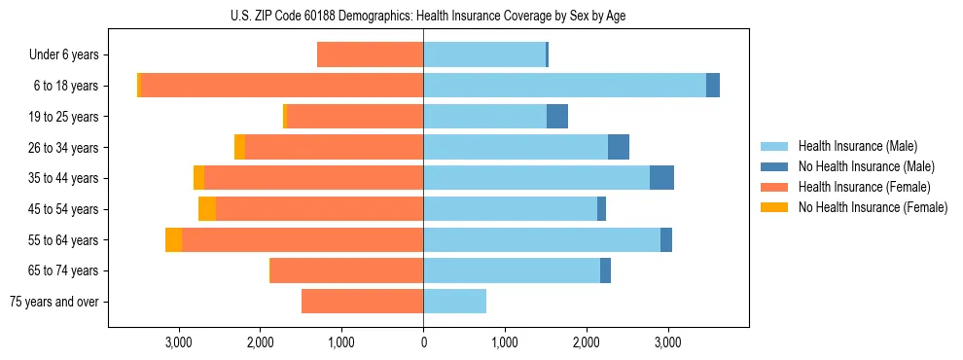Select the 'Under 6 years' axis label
tap(63, 55)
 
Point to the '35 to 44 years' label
tap(65, 178)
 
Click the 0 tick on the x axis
tap(423, 342)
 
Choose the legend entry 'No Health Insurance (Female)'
tap(873, 207)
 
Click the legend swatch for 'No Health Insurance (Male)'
tap(774, 166)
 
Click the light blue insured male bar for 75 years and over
tap(454, 302)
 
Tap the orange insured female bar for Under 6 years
tap(370, 55)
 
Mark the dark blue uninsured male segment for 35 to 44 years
tap(661, 178)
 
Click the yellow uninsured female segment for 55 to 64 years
tap(173, 240)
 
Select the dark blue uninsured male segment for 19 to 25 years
tap(556, 117)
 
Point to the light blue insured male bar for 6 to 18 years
tap(564, 86)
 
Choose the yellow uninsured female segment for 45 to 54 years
tap(207, 209)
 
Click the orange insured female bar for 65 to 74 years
tap(346, 270)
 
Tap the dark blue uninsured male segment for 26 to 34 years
tap(618, 148)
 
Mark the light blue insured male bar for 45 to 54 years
tap(510, 209)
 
